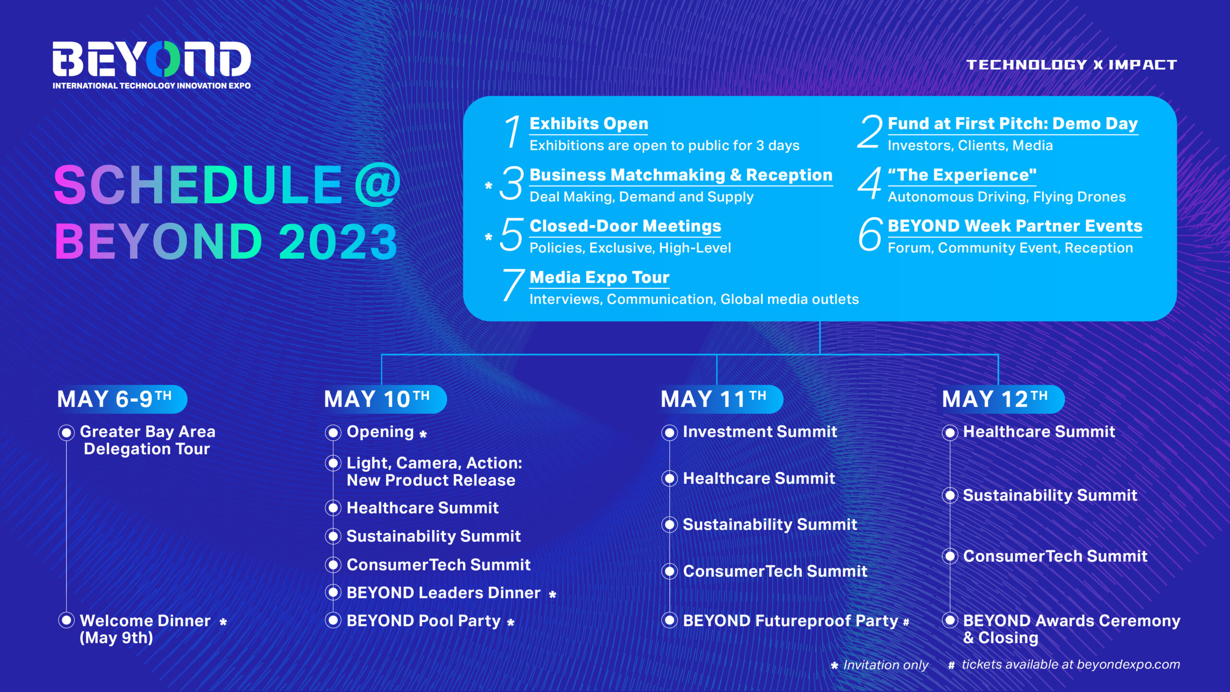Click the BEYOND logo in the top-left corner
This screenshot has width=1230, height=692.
pyautogui.click(x=152, y=64)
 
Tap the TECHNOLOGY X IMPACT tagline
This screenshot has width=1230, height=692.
pyautogui.click(x=1071, y=65)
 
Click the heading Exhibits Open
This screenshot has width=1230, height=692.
pyautogui.click(x=589, y=124)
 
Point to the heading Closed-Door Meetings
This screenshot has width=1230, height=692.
pyautogui.click(x=625, y=226)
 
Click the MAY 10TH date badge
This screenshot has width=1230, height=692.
pyautogui.click(x=384, y=399)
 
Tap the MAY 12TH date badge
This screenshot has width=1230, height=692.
pyautogui.click(x=1002, y=399)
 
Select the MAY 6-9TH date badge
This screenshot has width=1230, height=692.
pyautogui.click(x=121, y=399)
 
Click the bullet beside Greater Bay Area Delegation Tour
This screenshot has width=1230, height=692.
pyautogui.click(x=66, y=432)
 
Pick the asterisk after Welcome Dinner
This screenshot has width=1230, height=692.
pyautogui.click(x=223, y=622)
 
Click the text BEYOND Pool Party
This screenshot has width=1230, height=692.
pyautogui.click(x=423, y=620)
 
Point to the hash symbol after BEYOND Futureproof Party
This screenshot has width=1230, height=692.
pyautogui.click(x=906, y=622)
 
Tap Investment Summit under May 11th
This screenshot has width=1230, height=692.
pyautogui.click(x=760, y=432)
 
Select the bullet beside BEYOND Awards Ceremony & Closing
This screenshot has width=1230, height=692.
pyautogui.click(x=950, y=620)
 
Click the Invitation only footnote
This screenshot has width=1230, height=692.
pyautogui.click(x=880, y=665)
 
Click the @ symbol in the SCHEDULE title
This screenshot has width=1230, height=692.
pyautogui.click(x=378, y=185)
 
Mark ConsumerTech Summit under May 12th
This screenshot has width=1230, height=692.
pyautogui.click(x=1055, y=556)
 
